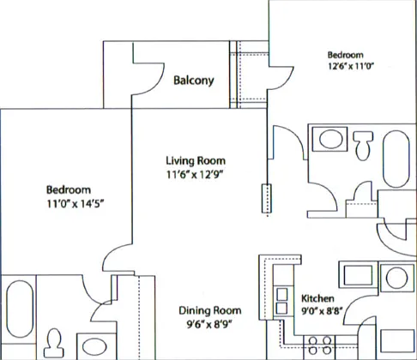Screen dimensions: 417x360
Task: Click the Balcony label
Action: [x=194, y=81]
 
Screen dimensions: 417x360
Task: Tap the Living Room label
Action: [x=196, y=160]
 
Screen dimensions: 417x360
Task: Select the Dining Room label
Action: [x=210, y=310]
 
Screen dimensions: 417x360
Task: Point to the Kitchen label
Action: [x=317, y=298]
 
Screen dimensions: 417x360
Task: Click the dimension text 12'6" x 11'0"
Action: [x=351, y=66]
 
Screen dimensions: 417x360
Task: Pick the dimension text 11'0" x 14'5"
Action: [x=76, y=204]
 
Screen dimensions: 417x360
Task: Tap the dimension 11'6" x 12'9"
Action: [x=195, y=174]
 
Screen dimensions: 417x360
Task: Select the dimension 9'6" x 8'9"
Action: [x=209, y=325]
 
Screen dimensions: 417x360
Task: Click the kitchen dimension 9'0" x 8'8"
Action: [x=322, y=311]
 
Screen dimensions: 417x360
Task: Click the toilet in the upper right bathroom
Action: [x=363, y=146]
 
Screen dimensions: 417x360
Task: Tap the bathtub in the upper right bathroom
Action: [x=396, y=159]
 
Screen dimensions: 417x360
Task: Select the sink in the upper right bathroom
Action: [x=330, y=139]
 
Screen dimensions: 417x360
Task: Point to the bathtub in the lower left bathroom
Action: [x=20, y=309]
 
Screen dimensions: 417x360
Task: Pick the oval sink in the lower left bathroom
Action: [x=94, y=346]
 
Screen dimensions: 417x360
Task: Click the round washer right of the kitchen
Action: [x=396, y=278]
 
